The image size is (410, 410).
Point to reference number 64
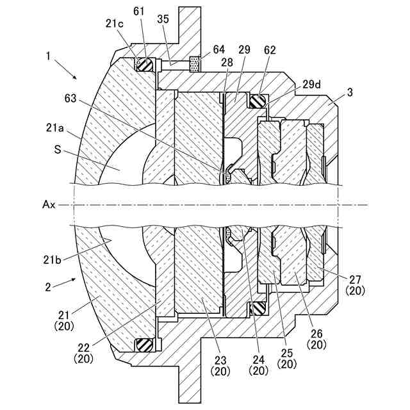[x=218, y=49]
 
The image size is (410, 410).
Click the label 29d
[x=312, y=84]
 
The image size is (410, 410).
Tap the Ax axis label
[x=49, y=205]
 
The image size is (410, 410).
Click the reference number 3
[x=349, y=92]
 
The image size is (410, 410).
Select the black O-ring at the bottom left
[x=144, y=345]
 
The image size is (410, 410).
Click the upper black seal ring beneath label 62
[x=258, y=100]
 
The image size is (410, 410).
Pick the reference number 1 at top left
[x=48, y=56]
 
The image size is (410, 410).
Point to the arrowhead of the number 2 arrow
[x=76, y=279]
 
